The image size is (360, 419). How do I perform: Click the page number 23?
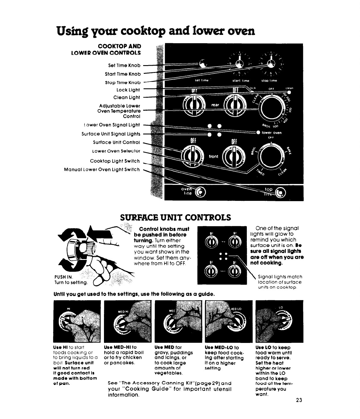click(x=298, y=400)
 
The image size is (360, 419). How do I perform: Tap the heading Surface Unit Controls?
click(x=175, y=217)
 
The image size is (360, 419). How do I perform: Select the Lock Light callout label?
click(x=128, y=90)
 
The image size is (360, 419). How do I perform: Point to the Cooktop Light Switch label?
click(x=115, y=161)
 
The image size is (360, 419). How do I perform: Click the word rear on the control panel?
click(x=215, y=105)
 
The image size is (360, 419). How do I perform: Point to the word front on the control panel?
click(x=214, y=156)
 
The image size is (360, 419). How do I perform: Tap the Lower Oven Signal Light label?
click(x=111, y=125)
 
